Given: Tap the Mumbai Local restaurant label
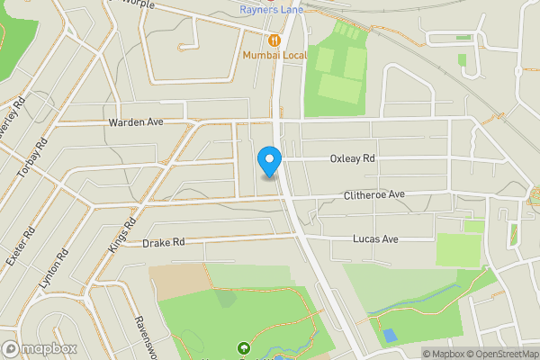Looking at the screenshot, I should click(x=274, y=55).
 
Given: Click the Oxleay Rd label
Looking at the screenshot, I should click(x=352, y=158).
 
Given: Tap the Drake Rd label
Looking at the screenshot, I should click(x=163, y=242).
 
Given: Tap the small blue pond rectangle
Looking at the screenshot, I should click(x=389, y=335).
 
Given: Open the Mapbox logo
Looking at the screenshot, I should click(x=39, y=348).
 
